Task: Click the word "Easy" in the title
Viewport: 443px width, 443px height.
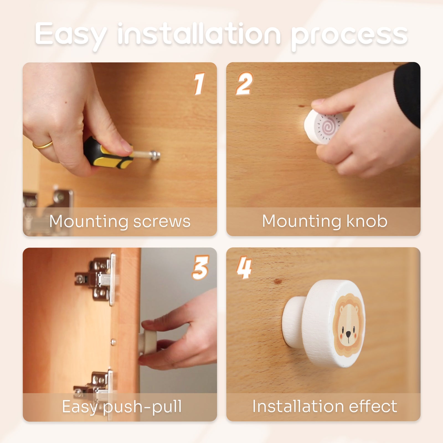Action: coord(71,35)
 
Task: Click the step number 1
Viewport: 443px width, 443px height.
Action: coord(199,84)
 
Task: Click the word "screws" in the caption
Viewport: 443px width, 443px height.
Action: coord(162,221)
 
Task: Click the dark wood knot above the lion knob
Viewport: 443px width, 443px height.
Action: coord(277,282)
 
